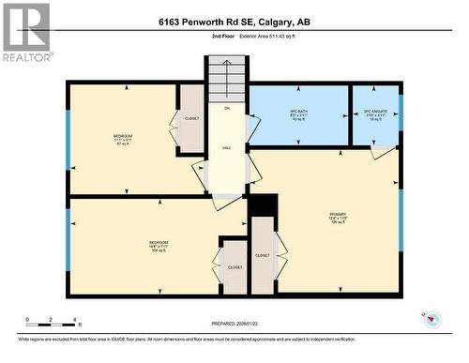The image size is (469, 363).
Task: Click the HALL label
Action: pos(227,148)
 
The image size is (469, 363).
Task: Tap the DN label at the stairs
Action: pos(227,108)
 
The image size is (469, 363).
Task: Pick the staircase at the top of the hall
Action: pos(226,77)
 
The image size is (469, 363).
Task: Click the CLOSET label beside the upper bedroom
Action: pos(192,119)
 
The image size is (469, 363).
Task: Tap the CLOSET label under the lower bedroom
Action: pos(234,266)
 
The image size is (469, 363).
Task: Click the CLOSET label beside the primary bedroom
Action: pos(263,255)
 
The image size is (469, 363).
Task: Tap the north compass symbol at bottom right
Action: pos(432,320)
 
